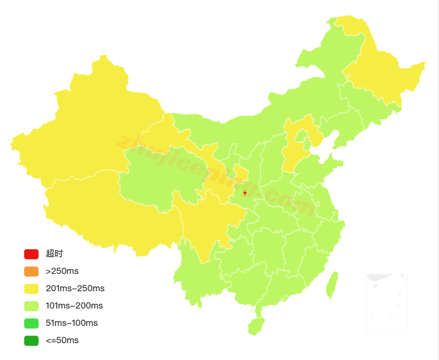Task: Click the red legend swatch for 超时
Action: click(x=31, y=254)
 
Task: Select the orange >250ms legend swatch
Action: click(x=31, y=271)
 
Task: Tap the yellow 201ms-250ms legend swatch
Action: click(x=31, y=288)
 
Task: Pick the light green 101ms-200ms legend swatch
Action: click(x=31, y=306)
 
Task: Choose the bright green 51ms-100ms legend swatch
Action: click(x=31, y=323)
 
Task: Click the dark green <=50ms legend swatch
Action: click(x=31, y=340)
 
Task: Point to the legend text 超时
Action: click(x=54, y=254)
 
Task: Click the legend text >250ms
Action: click(x=62, y=271)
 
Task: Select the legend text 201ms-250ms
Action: click(x=75, y=288)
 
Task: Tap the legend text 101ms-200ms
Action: click(x=74, y=306)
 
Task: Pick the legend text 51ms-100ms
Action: click(x=72, y=323)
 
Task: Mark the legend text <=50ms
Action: click(x=62, y=340)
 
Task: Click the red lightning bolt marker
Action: click(x=245, y=193)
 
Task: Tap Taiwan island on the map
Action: click(x=332, y=286)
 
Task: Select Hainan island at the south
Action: click(x=256, y=326)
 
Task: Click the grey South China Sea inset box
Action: click(x=387, y=303)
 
